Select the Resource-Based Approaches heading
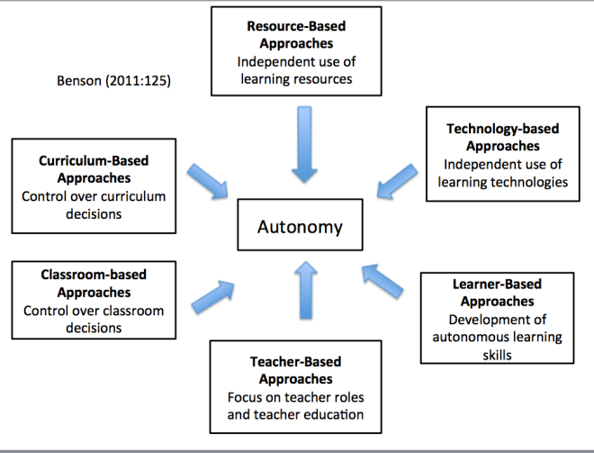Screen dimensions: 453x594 pos(296,35)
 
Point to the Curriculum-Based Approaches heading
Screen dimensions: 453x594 pos(94,170)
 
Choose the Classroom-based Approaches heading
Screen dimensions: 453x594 pos(94,283)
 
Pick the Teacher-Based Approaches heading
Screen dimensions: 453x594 pos(296,370)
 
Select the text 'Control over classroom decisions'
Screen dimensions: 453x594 pos(94,319)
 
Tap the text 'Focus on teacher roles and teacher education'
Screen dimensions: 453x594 pos(296,405)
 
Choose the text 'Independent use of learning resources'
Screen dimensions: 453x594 pos(296,70)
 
